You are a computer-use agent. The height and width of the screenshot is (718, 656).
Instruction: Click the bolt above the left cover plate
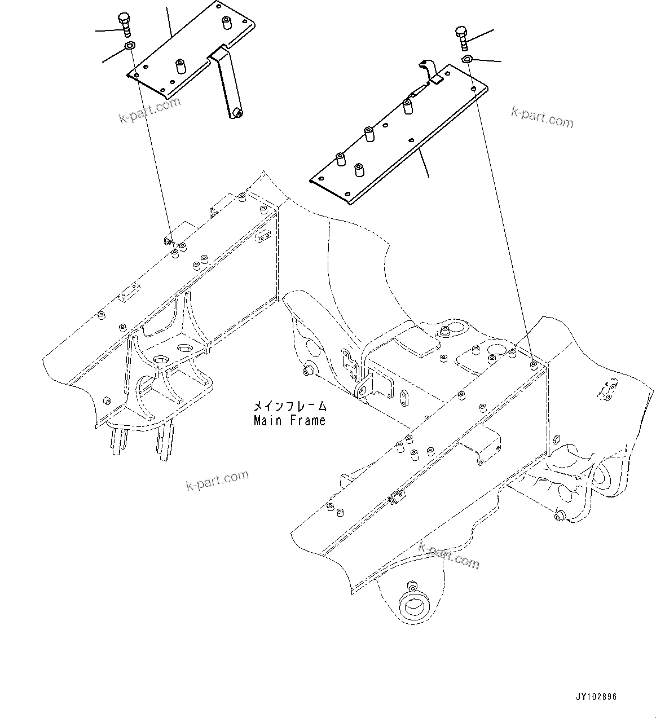coord(125,25)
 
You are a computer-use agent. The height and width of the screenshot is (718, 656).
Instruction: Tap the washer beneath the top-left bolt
coord(130,46)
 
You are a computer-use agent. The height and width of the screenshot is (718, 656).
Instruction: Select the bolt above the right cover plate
coord(461,37)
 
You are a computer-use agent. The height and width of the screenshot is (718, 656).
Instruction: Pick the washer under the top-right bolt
coord(466,60)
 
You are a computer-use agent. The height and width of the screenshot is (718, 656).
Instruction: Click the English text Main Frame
coord(289,421)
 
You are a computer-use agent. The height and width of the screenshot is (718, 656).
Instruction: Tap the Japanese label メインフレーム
coord(289,406)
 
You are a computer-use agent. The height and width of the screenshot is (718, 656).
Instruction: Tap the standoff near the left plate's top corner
coord(226,23)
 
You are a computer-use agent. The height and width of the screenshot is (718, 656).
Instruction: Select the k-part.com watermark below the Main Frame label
coord(217,480)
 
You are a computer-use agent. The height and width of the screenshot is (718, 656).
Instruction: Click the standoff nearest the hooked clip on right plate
coord(408,105)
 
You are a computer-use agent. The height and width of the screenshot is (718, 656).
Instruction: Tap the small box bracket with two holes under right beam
coord(481,450)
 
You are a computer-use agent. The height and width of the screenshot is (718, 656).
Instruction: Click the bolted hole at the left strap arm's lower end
coord(237,114)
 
